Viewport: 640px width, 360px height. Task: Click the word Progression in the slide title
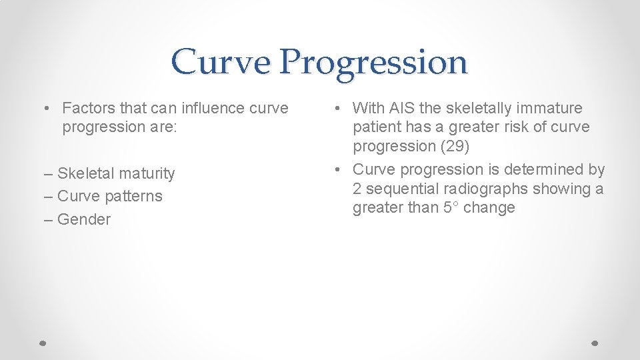pos(373,63)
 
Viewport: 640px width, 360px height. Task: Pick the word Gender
pos(84,220)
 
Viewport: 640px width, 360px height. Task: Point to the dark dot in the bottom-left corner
pos(42,342)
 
